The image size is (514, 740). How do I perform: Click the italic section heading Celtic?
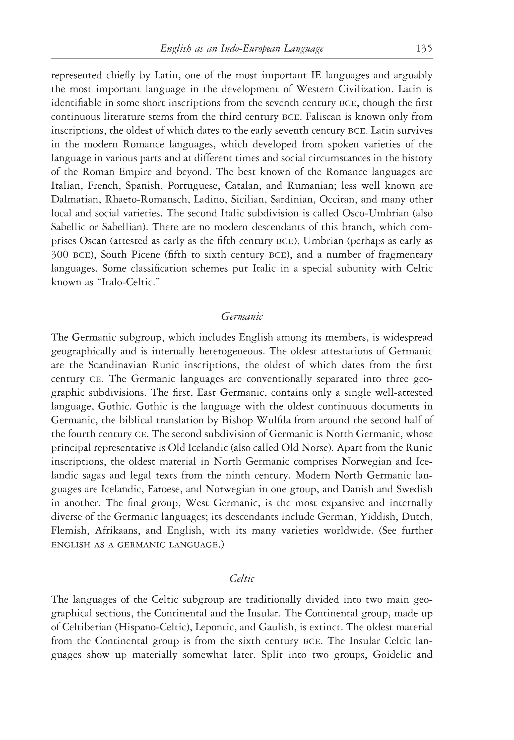coord(242,579)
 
